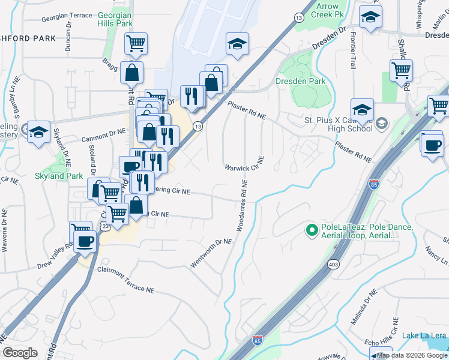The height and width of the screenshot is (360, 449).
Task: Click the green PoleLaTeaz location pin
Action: coord(312,230)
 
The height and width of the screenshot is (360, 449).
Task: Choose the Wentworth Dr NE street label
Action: coord(211,253)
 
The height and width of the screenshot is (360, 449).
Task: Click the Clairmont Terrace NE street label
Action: coord(125,280)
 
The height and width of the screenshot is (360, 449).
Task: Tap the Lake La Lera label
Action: coord(424,335)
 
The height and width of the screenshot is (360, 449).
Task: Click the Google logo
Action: coord(20,353)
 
